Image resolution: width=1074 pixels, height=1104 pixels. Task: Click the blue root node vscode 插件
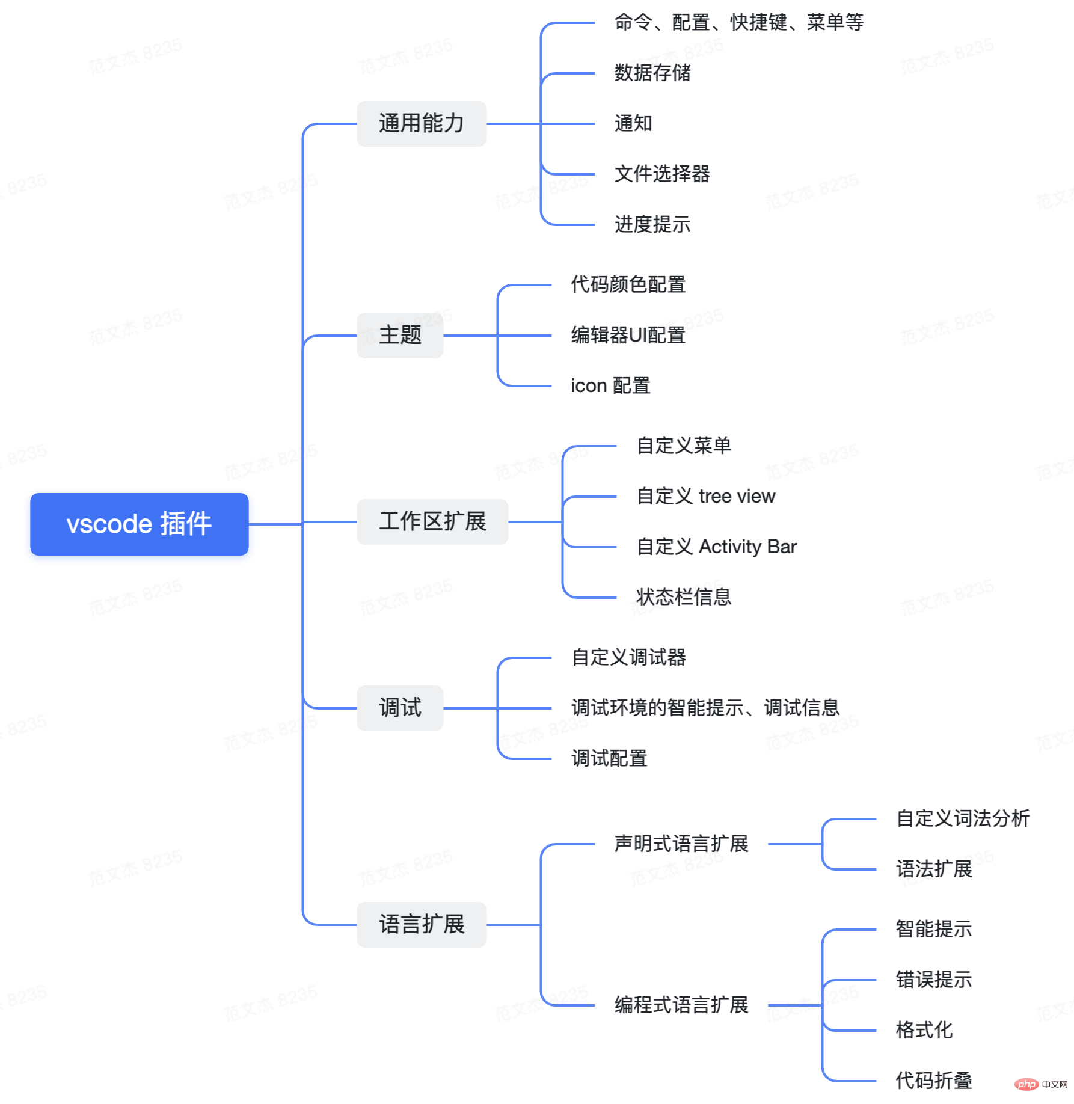[139, 524]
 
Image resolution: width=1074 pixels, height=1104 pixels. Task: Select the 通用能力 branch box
[421, 123]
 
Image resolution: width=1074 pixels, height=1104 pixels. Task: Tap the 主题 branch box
[400, 335]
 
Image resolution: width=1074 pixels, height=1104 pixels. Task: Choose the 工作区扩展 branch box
[432, 521]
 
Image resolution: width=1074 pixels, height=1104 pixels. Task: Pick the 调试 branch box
[400, 708]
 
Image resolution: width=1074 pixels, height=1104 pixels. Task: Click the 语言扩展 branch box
[421, 924]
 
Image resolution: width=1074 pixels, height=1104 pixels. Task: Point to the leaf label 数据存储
[652, 73]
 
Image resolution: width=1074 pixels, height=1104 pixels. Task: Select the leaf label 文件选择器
[662, 174]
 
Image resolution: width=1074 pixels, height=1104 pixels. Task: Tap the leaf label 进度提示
[652, 224]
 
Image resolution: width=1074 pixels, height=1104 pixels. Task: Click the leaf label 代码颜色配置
[628, 284]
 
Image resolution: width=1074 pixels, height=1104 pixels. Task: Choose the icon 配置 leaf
[610, 385]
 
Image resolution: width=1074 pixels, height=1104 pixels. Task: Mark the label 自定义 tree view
[706, 496]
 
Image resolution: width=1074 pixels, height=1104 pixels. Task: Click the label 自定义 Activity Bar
[717, 547]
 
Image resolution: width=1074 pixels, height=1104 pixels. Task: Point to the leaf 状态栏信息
[684, 597]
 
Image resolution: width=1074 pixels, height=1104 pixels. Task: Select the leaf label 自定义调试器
[629, 657]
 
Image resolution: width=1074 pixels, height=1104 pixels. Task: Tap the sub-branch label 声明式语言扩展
[681, 844]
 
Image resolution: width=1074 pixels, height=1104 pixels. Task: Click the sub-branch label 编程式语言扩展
[681, 1005]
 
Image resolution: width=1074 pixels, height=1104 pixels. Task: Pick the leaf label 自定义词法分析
[963, 818]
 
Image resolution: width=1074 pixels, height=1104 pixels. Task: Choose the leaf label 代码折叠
[934, 1081]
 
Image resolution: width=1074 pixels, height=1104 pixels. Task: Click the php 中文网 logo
[1041, 1084]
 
